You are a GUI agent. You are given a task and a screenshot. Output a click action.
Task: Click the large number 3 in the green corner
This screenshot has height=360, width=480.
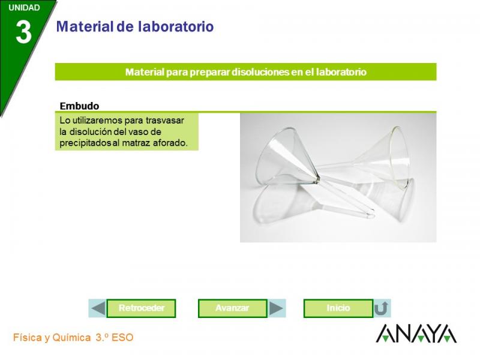(23, 33)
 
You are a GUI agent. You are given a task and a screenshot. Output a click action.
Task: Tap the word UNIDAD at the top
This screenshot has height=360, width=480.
(24, 8)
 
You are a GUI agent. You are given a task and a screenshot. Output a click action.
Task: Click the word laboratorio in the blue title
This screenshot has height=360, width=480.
(176, 26)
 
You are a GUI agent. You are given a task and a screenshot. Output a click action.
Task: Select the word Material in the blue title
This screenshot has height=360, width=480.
(85, 26)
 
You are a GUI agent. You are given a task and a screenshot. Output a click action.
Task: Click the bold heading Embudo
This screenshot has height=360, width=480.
(79, 106)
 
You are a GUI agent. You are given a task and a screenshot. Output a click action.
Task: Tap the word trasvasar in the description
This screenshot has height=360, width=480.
(164, 121)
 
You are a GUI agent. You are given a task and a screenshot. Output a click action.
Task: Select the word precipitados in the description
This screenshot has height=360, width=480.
(85, 143)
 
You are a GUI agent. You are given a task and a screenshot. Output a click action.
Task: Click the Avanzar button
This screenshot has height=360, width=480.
(232, 308)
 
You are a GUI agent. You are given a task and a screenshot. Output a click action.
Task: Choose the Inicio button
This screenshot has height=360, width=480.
(338, 308)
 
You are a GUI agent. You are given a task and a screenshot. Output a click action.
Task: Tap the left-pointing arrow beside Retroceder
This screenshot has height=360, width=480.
(98, 308)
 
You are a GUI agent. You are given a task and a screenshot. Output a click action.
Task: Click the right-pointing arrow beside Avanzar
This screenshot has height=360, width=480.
(277, 308)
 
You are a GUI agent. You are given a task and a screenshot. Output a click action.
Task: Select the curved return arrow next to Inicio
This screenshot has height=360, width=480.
(382, 308)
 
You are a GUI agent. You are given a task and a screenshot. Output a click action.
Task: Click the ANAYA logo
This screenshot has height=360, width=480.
(416, 334)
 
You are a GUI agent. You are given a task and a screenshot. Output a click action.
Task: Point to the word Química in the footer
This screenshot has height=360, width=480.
(71, 337)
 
